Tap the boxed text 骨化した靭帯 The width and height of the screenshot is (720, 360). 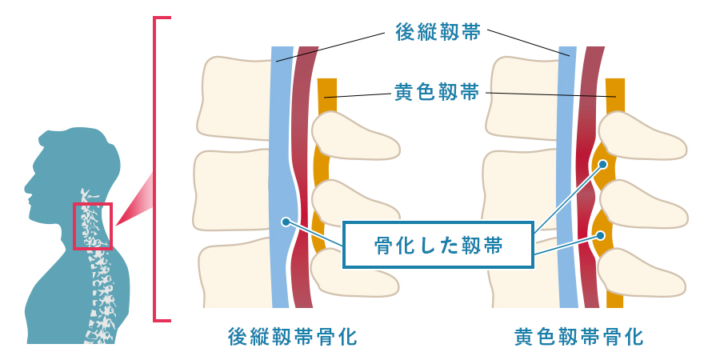point(439,245)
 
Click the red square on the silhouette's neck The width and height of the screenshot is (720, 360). point(93,226)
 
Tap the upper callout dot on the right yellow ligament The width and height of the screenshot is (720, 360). point(603,166)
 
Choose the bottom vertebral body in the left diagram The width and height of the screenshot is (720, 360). point(236,276)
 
